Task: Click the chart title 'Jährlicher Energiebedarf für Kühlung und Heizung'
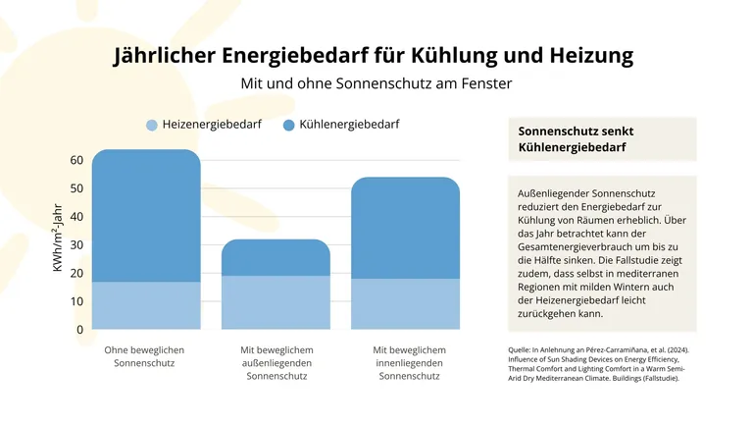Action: (374, 54)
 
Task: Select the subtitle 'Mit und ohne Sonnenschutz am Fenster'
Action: (376, 83)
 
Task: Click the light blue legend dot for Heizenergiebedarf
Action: (151, 126)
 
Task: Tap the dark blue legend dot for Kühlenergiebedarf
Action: (289, 126)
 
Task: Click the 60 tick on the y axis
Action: (76, 160)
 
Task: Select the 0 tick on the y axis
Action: (79, 331)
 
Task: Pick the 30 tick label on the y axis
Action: (76, 245)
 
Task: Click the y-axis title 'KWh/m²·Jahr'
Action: (58, 239)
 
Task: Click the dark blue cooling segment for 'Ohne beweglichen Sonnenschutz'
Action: (146, 216)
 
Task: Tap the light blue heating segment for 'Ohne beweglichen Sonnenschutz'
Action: (146, 305)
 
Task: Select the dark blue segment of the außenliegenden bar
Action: (276, 258)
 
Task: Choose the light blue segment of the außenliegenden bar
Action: (276, 302)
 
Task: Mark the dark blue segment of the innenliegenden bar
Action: (405, 229)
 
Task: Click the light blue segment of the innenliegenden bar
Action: (405, 304)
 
